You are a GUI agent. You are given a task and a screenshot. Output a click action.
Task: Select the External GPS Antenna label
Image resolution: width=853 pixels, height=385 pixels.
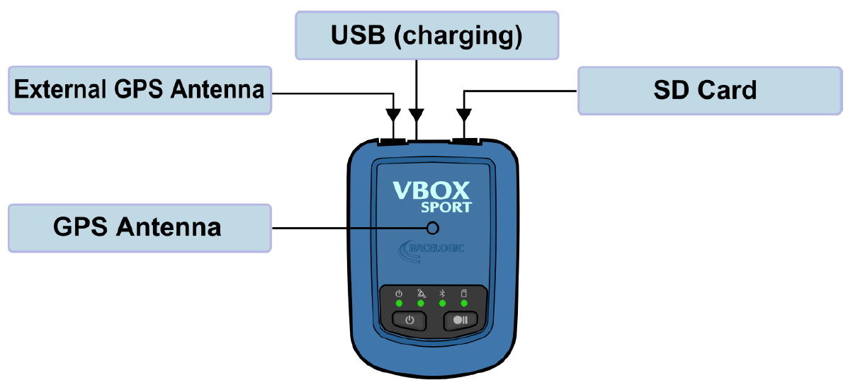click(140, 91)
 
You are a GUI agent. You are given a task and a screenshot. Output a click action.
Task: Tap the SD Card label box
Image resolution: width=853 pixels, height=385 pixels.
click(710, 91)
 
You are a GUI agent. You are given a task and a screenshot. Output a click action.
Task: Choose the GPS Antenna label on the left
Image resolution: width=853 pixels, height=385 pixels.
click(140, 228)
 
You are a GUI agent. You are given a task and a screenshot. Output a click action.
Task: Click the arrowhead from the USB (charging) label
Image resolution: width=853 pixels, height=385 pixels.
click(417, 115)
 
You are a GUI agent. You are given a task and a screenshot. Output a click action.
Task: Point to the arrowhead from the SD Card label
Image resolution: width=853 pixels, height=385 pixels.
click(463, 115)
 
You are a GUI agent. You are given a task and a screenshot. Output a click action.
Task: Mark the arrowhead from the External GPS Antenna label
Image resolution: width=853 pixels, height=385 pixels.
click(392, 115)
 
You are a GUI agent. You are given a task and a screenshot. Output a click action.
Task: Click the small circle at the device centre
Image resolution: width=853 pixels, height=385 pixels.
click(433, 228)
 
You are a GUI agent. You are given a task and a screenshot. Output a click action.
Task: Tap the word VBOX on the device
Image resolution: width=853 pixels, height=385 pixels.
click(431, 191)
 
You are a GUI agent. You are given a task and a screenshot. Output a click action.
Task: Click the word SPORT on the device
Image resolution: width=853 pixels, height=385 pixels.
click(446, 207)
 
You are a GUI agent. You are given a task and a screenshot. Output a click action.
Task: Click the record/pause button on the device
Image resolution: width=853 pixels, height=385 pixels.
click(461, 321)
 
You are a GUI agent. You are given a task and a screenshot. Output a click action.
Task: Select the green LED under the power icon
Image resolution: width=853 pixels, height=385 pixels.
click(399, 304)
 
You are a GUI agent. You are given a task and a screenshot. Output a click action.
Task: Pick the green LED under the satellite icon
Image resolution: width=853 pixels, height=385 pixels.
click(421, 304)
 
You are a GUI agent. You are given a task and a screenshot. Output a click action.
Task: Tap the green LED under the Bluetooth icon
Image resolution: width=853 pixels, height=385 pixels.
click(442, 304)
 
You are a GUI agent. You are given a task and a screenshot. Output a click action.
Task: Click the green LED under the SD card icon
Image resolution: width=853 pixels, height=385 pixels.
click(464, 304)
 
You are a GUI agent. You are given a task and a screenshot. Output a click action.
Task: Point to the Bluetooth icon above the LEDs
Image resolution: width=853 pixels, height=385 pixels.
click(442, 293)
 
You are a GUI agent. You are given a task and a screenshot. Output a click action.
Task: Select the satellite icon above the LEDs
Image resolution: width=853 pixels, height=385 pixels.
click(421, 293)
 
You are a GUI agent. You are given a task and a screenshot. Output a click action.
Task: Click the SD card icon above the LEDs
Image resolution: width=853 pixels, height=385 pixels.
click(464, 293)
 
